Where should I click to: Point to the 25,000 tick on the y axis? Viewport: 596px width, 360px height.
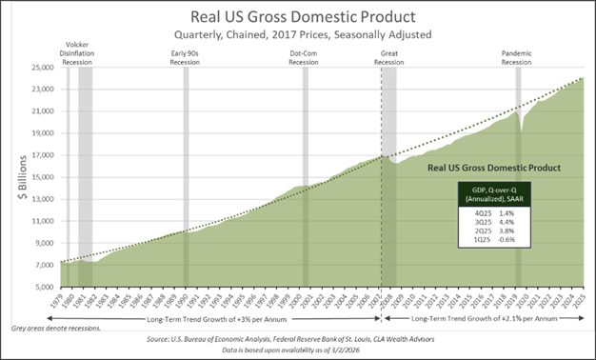(x=42, y=68)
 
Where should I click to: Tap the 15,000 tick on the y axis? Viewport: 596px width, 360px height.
(x=42, y=177)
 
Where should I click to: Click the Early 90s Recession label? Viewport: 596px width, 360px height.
(x=187, y=57)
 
